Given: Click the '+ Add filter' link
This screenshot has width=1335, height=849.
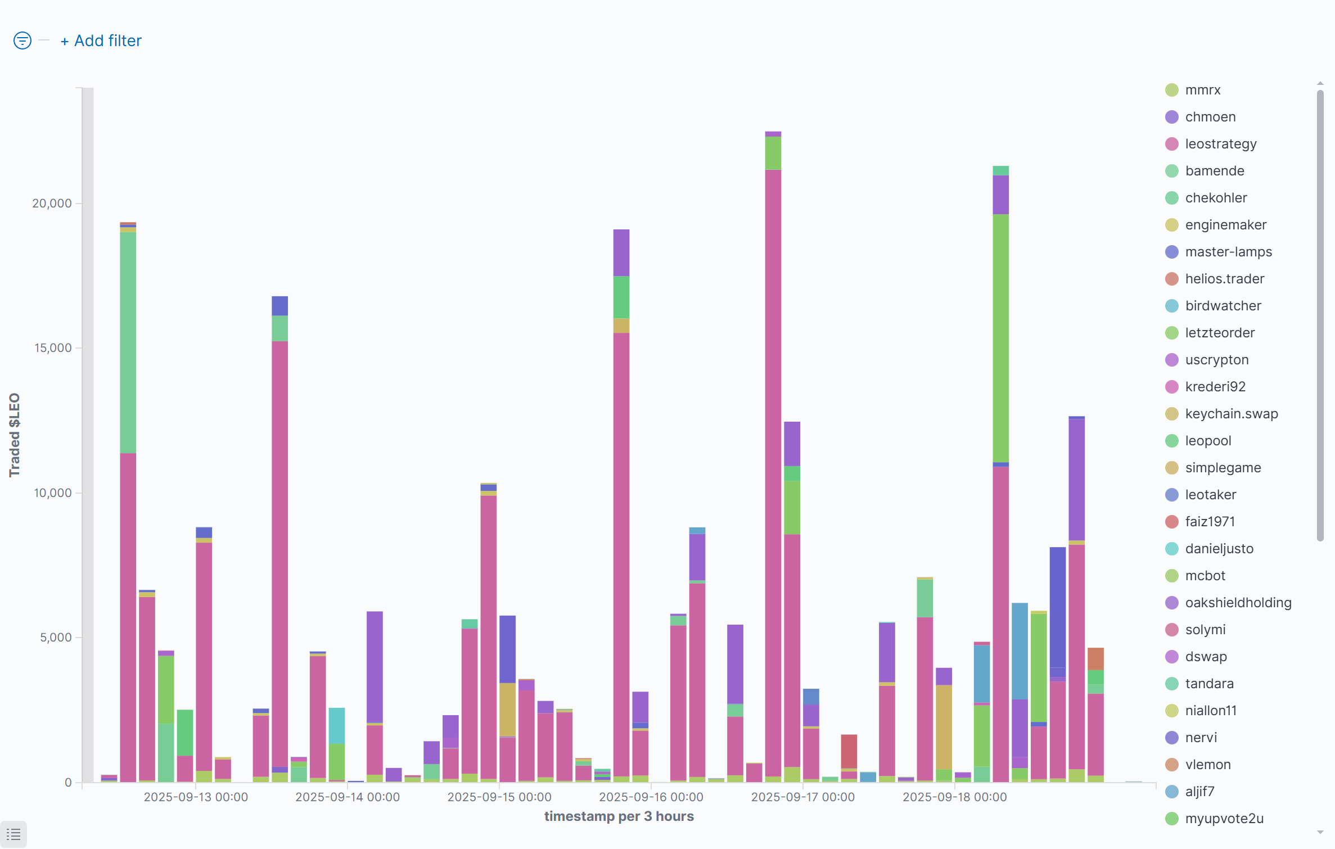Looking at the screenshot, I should point(101,41).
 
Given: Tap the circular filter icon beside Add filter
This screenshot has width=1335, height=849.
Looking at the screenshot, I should point(22,40).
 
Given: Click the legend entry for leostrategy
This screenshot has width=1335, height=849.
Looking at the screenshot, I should point(1220,144).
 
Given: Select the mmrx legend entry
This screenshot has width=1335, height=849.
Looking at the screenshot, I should point(1202,90).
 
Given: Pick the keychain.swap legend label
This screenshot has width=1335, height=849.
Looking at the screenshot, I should point(1231,414).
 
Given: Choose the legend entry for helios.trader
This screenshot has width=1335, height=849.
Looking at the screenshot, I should point(1224,279).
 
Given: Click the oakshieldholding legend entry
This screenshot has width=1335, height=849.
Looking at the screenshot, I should point(1238,603).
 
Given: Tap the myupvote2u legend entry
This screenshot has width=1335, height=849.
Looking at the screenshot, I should point(1224,819).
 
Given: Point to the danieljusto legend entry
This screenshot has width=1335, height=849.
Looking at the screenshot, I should point(1219,549).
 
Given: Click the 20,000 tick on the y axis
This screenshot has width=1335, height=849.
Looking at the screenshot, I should point(52,204).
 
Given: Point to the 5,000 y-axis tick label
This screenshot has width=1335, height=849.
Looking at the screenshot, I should point(56,638).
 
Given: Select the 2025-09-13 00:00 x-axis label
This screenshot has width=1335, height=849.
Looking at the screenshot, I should point(196,797).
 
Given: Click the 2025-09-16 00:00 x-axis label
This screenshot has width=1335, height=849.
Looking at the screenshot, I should point(651,797).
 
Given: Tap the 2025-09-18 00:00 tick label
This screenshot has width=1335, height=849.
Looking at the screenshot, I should point(954,797).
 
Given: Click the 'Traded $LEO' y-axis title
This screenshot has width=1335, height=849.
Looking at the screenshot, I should point(15,435).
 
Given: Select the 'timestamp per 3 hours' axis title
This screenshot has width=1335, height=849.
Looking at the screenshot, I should point(619,816).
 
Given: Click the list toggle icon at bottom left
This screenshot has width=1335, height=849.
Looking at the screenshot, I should point(13,834).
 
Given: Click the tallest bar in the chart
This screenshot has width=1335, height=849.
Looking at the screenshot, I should point(773,450).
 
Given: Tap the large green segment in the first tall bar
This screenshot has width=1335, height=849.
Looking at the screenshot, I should point(128,343).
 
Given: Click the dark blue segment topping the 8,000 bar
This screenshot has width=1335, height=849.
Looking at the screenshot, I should point(1057,607).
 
